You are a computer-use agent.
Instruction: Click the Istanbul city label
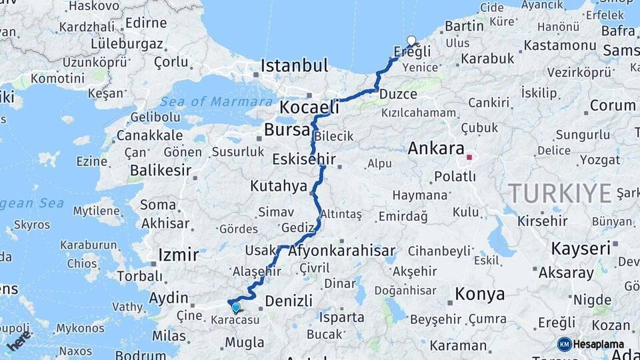click(294, 66)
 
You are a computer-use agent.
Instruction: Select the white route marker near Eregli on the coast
click(411, 41)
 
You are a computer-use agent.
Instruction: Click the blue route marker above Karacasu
click(235, 307)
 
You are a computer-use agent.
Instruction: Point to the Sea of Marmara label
click(207, 101)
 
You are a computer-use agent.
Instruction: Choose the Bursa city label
click(287, 129)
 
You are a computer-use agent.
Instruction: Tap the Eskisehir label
click(304, 159)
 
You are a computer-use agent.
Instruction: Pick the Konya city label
click(479, 293)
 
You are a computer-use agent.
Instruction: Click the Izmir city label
click(178, 255)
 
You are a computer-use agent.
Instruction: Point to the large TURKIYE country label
click(560, 193)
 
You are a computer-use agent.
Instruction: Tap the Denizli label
click(288, 301)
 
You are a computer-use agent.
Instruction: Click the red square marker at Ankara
click(469, 157)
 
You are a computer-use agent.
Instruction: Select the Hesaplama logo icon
click(564, 344)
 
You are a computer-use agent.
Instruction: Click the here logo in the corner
click(19, 342)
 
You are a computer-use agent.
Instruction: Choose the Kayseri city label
click(581, 248)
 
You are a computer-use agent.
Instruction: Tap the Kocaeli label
click(309, 107)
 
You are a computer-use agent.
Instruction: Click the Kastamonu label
click(559, 46)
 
